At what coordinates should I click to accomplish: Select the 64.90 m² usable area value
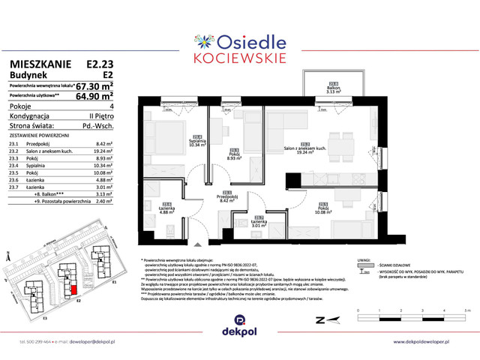click(x=94, y=96)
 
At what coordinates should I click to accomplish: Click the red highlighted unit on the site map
click(x=73, y=289)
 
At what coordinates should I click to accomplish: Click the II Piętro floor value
click(x=100, y=116)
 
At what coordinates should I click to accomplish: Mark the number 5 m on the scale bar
click(x=466, y=309)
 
